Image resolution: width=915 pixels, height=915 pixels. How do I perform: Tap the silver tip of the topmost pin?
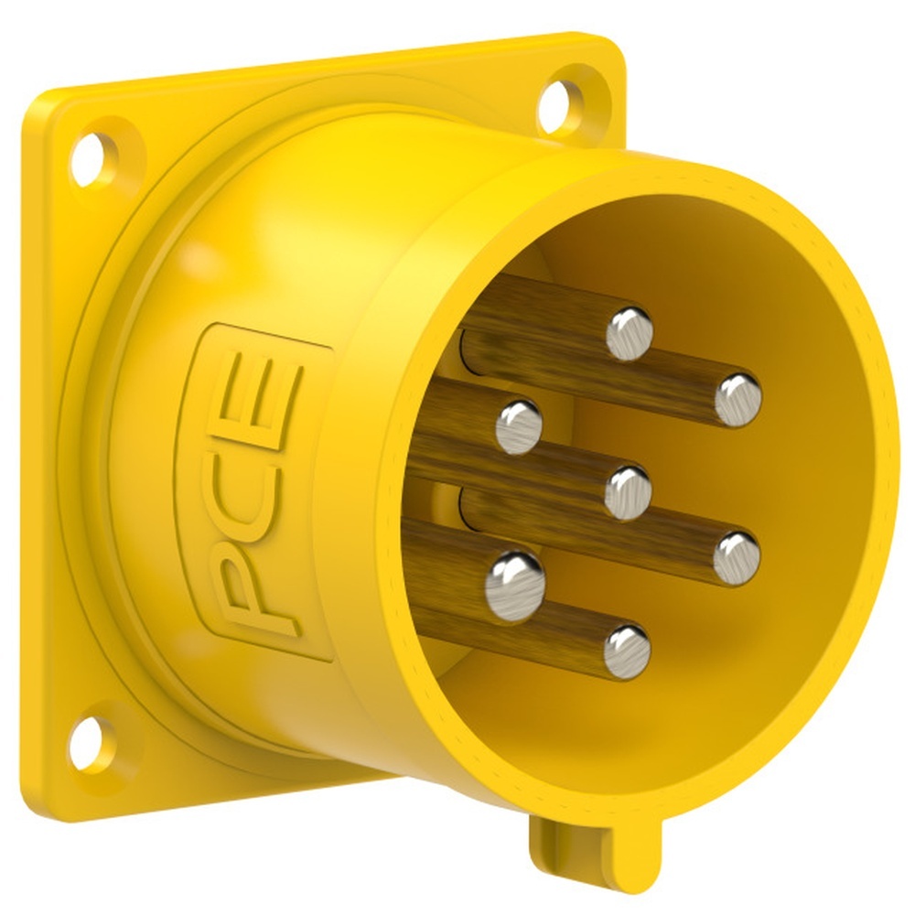click(630, 333)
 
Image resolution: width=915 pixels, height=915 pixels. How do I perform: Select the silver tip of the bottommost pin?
click(627, 651)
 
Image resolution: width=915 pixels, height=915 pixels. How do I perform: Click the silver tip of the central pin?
click(628, 491)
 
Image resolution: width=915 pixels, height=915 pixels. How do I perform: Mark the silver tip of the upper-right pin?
click(737, 400)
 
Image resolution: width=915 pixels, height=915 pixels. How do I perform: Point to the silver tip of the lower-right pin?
click(737, 557)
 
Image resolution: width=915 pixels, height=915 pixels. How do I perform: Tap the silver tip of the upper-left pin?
click(519, 426)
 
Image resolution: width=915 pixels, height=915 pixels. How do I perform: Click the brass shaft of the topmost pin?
click(540, 316)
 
